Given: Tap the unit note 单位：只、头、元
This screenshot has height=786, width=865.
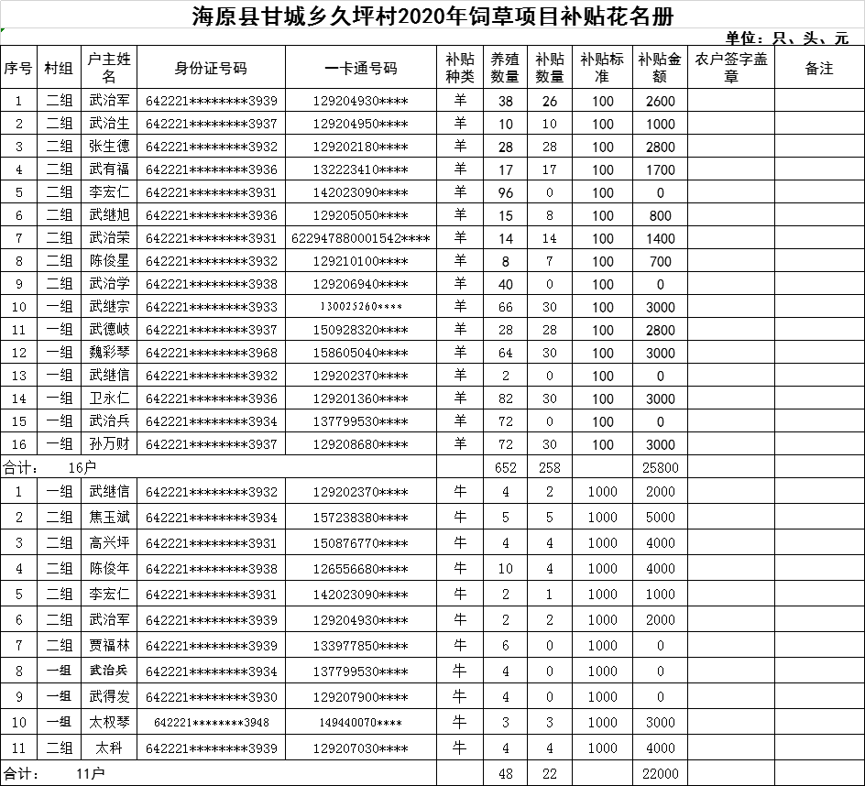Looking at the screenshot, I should coord(786,38).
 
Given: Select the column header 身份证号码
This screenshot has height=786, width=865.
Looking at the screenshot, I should coord(211,69).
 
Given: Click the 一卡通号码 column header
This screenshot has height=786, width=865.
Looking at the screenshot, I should coord(360,69).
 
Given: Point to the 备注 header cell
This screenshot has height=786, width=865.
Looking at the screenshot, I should coord(818,69).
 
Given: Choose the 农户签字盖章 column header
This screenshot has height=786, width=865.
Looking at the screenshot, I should coord(730,69).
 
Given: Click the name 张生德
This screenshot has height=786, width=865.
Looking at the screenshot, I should coord(109,147).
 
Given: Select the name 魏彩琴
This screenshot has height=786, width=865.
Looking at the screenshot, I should coord(109,353).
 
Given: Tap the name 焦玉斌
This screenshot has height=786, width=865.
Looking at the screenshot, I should coord(109,518).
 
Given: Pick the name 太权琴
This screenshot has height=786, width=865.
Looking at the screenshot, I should coord(109,723).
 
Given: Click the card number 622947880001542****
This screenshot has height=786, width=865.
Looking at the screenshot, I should coord(360,238).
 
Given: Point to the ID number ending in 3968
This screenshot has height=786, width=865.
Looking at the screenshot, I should coord(211,353).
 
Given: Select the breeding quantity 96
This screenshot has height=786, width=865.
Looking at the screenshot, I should coord(506,192).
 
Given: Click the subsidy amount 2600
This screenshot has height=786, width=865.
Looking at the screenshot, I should coord(660,102).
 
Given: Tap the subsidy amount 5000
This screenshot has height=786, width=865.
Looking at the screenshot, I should coord(660,518).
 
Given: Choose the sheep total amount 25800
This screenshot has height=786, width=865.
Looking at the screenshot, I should coord(660,467).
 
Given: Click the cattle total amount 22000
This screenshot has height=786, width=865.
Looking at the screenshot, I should coord(660,774).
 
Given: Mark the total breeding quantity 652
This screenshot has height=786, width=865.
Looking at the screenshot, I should coord(506,467).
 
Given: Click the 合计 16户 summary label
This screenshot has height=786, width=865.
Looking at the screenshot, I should coord(50,467).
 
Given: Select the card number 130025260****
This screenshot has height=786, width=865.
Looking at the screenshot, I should coord(360,307).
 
